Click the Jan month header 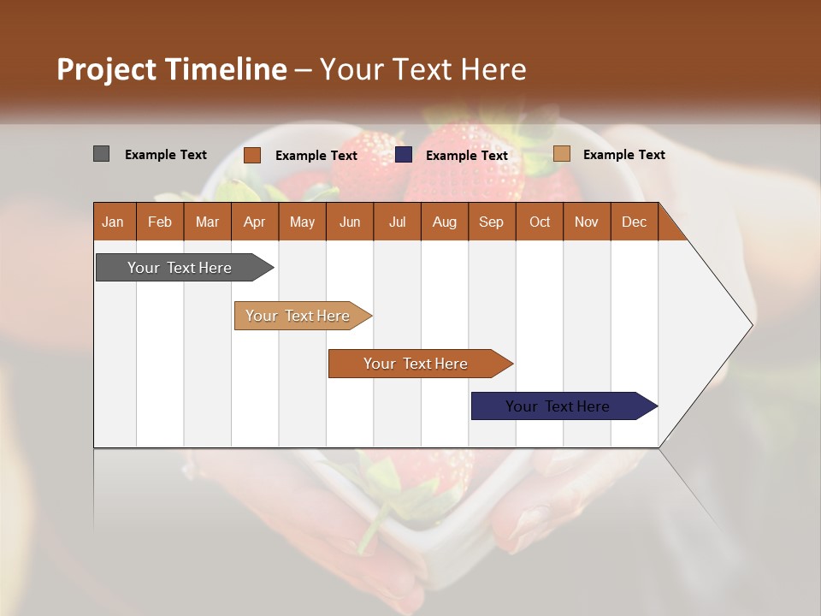point(113,222)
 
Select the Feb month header point(160,222)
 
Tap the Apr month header point(254,222)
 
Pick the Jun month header point(350,222)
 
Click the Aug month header point(444,222)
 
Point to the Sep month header point(491,222)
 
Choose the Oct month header point(540,222)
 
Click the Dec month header point(634,222)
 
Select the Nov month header point(587,222)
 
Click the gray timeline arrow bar point(180,268)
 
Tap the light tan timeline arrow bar point(298,316)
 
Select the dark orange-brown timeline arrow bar point(416,364)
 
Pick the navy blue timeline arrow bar point(558,406)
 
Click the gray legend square point(101,154)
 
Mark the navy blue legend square point(404,154)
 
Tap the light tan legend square point(561,154)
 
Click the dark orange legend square point(251,155)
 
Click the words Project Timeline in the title point(171,69)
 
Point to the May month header point(302,222)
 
